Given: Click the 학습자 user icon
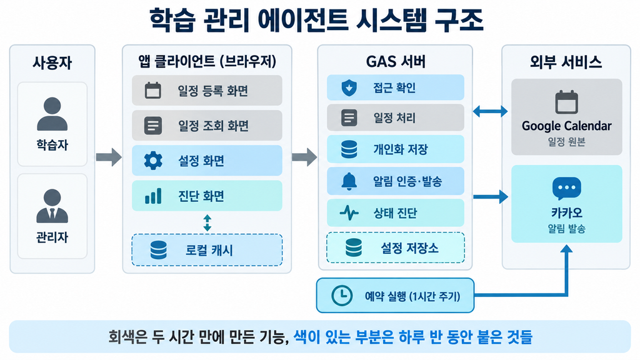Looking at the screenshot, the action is coord(52,114).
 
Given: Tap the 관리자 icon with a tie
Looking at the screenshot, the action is coord(52,206).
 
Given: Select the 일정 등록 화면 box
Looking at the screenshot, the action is coord(207,90).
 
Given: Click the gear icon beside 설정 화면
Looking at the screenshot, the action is coord(153,161).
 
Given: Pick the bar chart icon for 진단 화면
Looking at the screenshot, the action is coord(153,196).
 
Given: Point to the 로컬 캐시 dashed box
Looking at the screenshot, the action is coord(207,250).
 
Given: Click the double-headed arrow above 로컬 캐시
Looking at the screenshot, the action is coord(207,223).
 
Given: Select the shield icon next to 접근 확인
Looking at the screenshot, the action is coord(349,87).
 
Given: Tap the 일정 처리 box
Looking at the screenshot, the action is coord(396,117).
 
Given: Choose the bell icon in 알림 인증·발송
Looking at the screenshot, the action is coord(349,181).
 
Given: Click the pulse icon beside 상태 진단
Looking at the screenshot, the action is coord(349,212).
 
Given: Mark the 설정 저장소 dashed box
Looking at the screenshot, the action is coord(396,247).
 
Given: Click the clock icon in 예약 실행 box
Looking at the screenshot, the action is coord(342,296).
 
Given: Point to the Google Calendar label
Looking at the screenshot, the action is coord(566,126).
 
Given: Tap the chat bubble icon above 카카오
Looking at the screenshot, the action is coord(566,188).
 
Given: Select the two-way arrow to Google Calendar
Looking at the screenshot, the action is coord(490,111).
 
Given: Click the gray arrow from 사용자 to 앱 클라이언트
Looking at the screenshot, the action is coord(109,157).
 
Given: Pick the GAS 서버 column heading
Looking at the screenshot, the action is coord(396,62).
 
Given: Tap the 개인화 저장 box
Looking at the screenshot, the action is coord(396,149).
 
